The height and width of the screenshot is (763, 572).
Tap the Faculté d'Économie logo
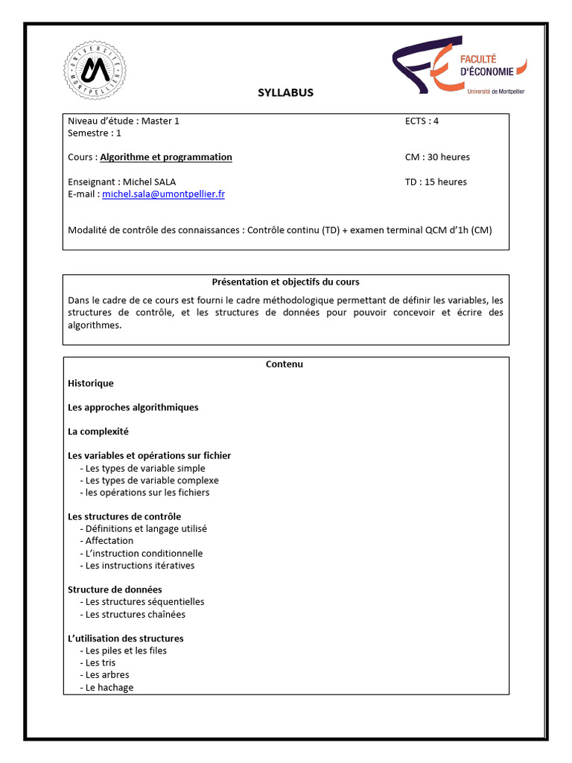(x=459, y=68)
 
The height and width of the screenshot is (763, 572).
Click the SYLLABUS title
(x=285, y=93)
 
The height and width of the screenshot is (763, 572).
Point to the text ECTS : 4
(x=427, y=121)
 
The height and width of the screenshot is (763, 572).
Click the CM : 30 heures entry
(x=437, y=157)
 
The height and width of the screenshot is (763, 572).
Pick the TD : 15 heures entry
(x=436, y=182)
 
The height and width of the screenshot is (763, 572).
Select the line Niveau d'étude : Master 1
(x=124, y=121)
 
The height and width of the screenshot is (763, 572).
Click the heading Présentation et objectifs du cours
(x=285, y=282)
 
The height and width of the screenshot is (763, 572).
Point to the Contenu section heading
(x=285, y=364)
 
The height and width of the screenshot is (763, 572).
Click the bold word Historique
(x=91, y=383)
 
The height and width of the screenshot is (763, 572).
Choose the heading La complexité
(x=98, y=431)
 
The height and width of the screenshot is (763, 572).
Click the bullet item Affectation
(x=109, y=541)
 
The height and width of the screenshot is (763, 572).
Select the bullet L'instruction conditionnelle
(x=144, y=554)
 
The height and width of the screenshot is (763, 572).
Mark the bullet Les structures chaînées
(x=135, y=615)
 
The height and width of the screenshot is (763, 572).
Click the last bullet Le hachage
(x=109, y=687)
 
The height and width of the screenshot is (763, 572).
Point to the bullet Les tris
(x=101, y=662)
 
